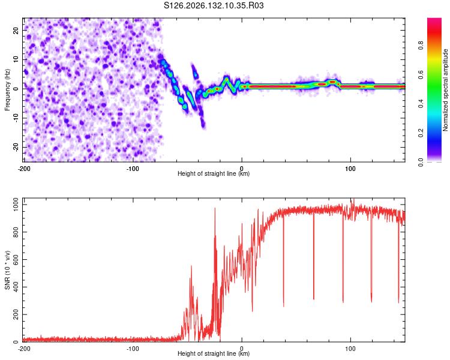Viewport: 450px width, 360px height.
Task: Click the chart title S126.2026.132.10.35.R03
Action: coord(214,5)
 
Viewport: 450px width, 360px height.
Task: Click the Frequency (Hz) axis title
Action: coord(7,90)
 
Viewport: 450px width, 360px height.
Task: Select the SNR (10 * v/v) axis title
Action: coord(7,270)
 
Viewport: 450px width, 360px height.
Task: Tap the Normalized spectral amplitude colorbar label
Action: coord(445,90)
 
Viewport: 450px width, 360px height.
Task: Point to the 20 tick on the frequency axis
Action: coord(16,30)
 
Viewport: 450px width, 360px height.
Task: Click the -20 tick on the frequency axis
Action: coord(16,147)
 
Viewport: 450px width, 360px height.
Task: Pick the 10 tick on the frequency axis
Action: coord(16,59)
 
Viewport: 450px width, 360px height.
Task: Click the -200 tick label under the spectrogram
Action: coord(24,169)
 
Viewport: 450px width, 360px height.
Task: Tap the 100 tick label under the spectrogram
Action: coord(350,169)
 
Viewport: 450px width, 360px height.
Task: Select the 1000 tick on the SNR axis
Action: coord(16,205)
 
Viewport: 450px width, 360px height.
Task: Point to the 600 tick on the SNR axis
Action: coord(16,260)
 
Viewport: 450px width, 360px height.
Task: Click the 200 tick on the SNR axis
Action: coord(16,314)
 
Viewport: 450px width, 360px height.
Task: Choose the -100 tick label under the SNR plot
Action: coord(133,349)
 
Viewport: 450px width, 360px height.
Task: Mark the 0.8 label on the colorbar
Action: coord(421,45)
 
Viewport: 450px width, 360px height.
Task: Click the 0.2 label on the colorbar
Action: coord(421,133)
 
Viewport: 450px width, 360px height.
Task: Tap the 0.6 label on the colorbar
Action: coord(421,74)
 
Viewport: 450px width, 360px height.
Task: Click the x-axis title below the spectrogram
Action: coord(214,173)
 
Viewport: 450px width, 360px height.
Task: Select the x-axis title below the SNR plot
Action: coord(214,353)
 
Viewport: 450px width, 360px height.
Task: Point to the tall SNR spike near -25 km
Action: coord(215,208)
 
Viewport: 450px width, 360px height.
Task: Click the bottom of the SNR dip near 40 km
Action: coord(284,307)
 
